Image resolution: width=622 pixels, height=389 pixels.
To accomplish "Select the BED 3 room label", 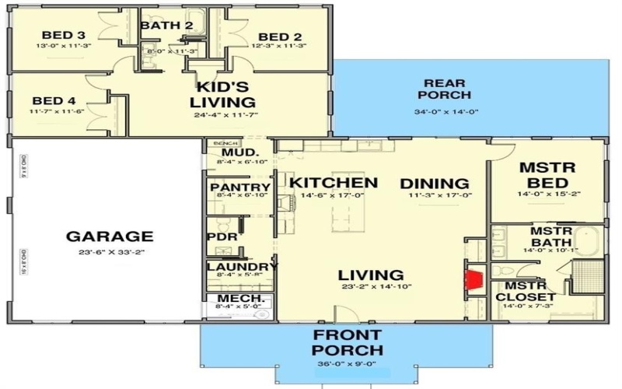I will point(59,35).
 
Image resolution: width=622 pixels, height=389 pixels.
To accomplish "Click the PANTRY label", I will point(240,187).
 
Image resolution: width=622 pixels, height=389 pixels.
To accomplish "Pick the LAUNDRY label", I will point(242,267).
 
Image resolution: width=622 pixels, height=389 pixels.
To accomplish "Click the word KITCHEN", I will point(334,183).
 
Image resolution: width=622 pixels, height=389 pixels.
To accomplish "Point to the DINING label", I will point(435,183).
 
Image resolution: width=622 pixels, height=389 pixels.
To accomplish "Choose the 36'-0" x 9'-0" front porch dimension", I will point(347,363).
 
